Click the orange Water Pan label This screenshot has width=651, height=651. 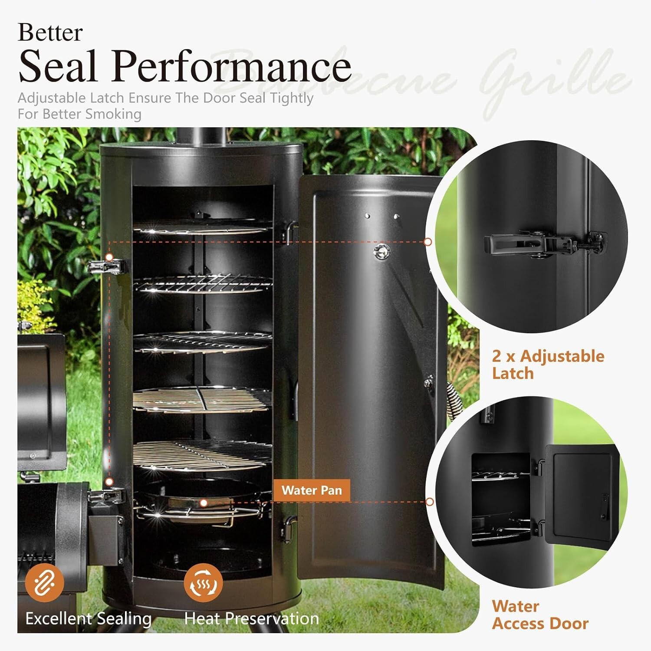312,490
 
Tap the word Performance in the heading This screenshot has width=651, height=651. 232,66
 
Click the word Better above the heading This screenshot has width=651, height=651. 50,33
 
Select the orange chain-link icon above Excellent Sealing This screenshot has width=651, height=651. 44,582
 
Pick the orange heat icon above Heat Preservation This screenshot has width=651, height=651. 203,582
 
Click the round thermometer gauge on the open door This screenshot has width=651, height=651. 382,251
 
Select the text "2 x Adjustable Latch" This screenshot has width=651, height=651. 548,365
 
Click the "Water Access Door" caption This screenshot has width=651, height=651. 540,615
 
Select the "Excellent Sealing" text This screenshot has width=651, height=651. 89,618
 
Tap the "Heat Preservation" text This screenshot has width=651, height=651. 252,618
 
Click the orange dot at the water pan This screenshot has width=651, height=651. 204,503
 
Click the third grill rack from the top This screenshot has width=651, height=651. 202,342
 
